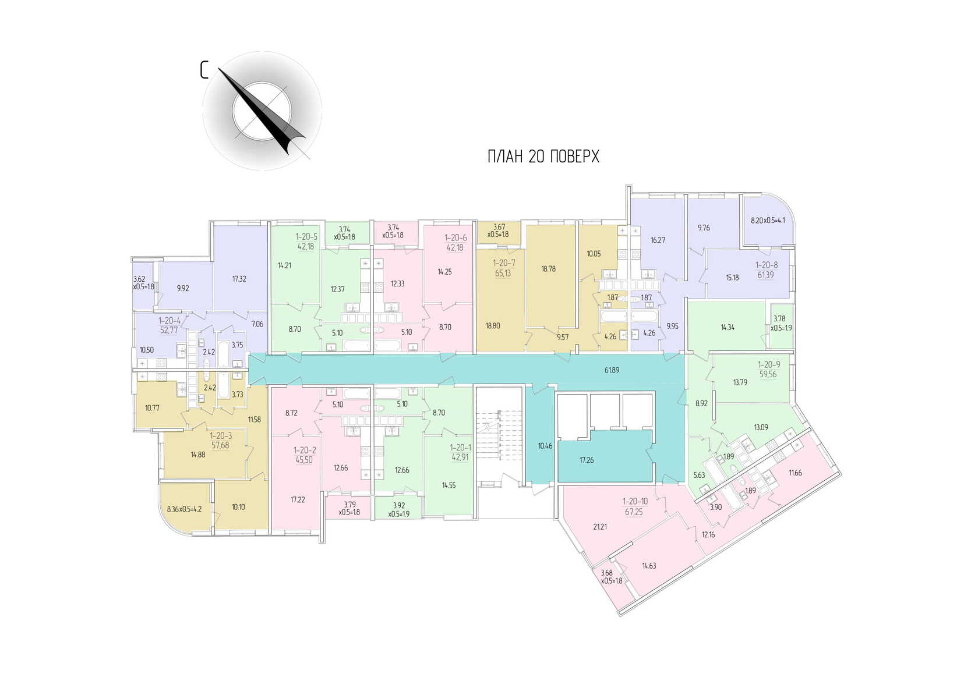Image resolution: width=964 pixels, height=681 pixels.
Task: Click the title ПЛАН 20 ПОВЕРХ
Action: [x=543, y=157]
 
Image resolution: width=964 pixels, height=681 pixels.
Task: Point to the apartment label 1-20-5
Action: [x=306, y=237]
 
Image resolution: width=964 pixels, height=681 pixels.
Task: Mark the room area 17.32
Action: [x=239, y=279]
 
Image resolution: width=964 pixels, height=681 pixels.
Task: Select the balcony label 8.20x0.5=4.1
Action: [x=768, y=221]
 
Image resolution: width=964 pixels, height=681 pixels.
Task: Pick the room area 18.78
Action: [x=548, y=269]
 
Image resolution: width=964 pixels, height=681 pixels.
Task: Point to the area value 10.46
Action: [x=545, y=446]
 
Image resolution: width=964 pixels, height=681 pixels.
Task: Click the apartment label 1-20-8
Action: [x=767, y=265]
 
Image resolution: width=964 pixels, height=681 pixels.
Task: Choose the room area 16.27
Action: [x=658, y=240]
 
